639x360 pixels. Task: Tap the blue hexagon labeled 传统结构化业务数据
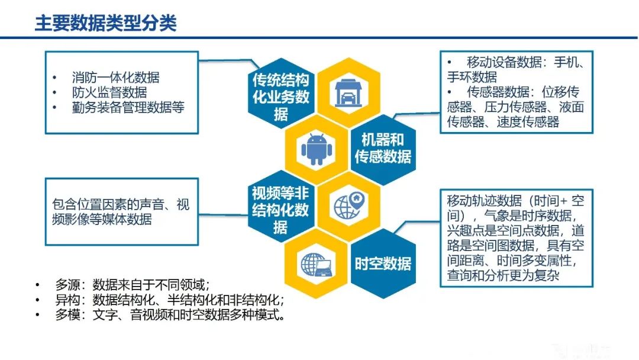pyautogui.click(x=281, y=97)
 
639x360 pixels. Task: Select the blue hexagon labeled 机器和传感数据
pyautogui.click(x=383, y=148)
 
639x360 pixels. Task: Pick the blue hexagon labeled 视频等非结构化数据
pyautogui.click(x=280, y=210)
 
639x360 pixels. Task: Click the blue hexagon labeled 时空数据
pyautogui.click(x=383, y=263)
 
